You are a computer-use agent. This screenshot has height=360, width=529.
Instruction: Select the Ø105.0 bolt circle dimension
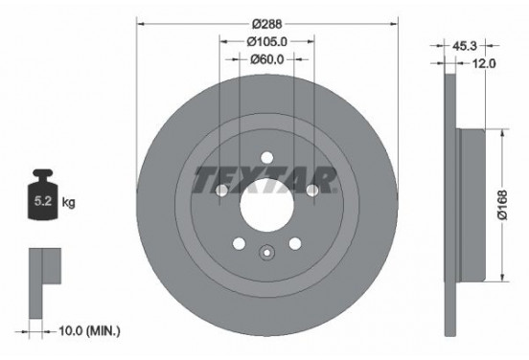[266, 41]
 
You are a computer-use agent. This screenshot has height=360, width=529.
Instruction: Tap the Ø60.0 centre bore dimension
[266, 59]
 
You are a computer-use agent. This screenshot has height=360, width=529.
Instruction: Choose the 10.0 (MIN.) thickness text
[92, 330]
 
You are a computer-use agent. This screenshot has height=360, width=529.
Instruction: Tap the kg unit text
[68, 204]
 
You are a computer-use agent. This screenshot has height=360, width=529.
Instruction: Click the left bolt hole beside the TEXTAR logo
[221, 191]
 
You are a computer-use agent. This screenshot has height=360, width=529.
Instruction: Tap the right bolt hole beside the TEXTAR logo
[312, 191]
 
